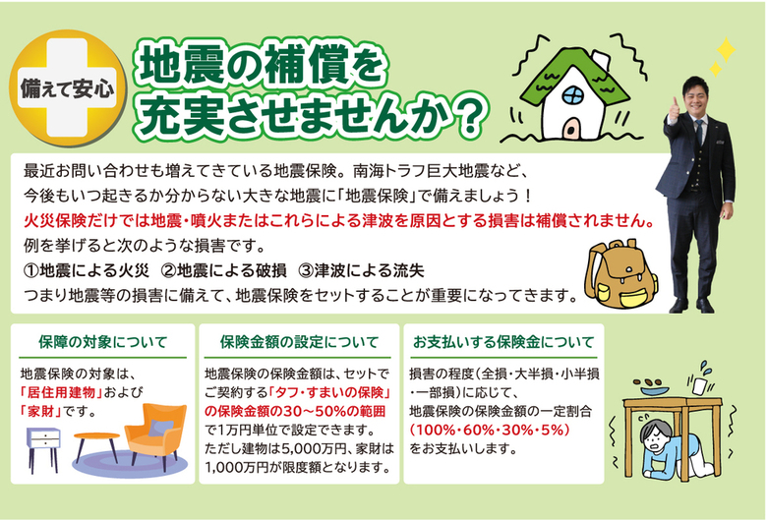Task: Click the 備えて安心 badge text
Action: pos(67,88)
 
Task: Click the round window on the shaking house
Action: pos(572,95)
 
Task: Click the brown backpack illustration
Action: pos(620,274)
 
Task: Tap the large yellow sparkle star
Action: pos(726,49)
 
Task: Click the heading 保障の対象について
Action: pos(102,342)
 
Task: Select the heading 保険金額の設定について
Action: pos(299,342)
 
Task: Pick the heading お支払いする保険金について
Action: pos(503,342)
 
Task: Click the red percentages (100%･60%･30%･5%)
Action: pos(490,430)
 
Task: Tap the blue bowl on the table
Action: pos(653,391)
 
